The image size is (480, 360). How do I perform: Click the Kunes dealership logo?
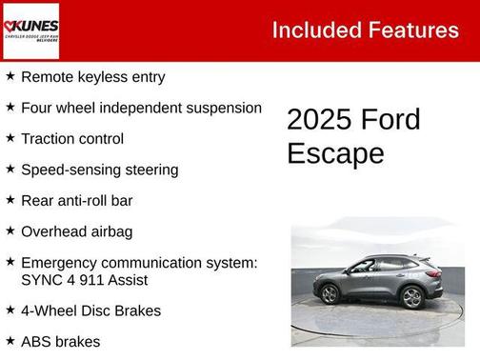pos(31,30)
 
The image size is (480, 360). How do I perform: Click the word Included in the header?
pos(311,30)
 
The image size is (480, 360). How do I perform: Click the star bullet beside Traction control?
pos(10,138)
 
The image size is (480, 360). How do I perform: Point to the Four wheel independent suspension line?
pos(141,108)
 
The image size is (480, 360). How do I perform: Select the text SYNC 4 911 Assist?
pos(84,280)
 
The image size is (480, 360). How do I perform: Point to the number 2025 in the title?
pos(319,120)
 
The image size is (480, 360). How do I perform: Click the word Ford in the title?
pos(390,120)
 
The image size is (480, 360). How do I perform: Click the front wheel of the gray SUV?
pos(330,294)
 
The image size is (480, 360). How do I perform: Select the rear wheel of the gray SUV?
pos(411,297)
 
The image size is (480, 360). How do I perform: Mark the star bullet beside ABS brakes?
pos(10,340)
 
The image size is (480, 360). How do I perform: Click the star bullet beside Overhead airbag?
pos(10,230)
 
